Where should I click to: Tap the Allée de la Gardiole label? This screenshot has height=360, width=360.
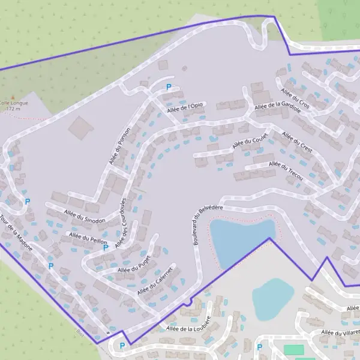(x=277, y=106)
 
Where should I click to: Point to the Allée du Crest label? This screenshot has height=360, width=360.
(x=297, y=142)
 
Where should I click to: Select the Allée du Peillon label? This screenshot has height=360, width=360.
(x=87, y=239)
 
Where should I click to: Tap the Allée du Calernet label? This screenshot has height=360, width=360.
(x=155, y=281)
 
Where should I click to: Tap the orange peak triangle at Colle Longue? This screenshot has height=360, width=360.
(x=11, y=96)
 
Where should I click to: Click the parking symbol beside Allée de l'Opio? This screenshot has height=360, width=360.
(x=169, y=87)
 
